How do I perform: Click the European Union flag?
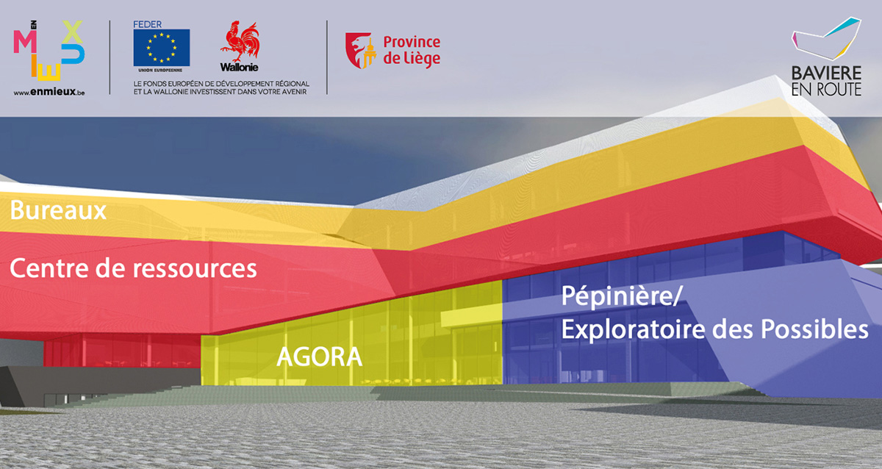point(162,48)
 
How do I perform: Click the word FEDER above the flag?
point(147,24)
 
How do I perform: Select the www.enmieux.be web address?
point(49,92)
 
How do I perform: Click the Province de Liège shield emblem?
point(360,51)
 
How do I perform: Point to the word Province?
point(412,42)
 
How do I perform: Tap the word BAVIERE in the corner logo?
point(826,74)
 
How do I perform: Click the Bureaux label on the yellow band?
point(58,210)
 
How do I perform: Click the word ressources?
point(195,269)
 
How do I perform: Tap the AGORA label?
point(319,357)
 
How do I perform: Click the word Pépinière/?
point(621,297)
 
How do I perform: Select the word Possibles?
point(814,329)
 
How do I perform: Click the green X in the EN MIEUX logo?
point(72,32)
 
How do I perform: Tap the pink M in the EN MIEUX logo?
point(25,41)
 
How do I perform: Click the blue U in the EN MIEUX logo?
point(73,54)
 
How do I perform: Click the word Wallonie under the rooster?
point(240,68)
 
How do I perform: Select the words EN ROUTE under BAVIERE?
point(826,90)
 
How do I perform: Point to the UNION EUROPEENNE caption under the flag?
point(160,70)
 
